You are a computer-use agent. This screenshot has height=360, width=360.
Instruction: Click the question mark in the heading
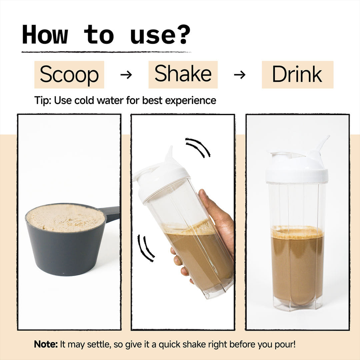[183, 34]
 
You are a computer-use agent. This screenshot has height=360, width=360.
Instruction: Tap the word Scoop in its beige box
[69, 74]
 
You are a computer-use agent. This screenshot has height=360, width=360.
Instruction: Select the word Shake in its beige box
[183, 73]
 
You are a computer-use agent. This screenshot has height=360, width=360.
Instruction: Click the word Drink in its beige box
[297, 74]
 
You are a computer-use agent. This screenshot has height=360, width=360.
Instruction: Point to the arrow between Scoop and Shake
[126, 75]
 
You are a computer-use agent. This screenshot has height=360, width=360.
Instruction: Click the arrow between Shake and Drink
[239, 75]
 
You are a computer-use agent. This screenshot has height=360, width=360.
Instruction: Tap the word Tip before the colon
[41, 100]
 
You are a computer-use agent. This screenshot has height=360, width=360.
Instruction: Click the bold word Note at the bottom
[45, 344]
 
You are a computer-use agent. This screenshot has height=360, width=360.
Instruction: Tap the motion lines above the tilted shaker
[198, 147]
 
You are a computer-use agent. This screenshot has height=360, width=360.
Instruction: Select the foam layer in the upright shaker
[298, 232]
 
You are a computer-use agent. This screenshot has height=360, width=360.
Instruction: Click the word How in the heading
[45, 35]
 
